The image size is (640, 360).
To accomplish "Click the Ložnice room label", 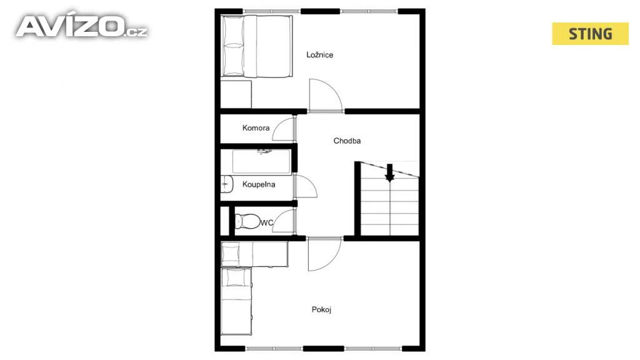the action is [x=319, y=55].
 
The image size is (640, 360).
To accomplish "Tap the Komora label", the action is [x=256, y=127].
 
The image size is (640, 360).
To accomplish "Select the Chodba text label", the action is [x=347, y=141].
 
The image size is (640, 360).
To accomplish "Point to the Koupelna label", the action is [x=259, y=184].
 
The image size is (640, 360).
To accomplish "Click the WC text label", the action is [x=266, y=223].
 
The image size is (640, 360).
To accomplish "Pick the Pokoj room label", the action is [x=321, y=309].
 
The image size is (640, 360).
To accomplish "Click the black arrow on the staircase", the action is [x=390, y=172].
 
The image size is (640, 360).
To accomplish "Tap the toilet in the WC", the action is [x=247, y=221].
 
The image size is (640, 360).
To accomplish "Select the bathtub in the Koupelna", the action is [x=262, y=162].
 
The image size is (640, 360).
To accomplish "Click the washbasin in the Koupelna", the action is [x=226, y=184].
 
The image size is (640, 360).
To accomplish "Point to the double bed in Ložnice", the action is [x=257, y=46].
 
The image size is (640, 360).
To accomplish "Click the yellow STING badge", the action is [x=590, y=34].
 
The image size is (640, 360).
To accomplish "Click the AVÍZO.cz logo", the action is [x=82, y=27].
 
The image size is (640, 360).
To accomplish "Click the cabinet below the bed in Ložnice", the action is [x=236, y=94].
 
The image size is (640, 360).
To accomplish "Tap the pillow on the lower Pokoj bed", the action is [x=236, y=278].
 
